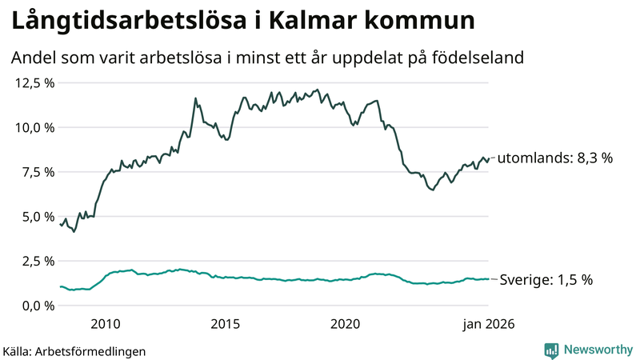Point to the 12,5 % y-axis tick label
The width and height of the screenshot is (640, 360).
coord(34,82)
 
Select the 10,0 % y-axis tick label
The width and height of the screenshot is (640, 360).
coord(34,127)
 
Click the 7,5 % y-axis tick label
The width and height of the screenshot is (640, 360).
coord(38,172)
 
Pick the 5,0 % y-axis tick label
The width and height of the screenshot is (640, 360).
coord(38,216)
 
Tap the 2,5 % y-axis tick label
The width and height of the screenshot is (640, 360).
coord(38,261)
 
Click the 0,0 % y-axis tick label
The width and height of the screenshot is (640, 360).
coord(38,306)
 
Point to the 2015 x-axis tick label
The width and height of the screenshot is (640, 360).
coord(226,324)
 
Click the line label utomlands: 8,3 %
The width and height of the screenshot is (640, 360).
coord(554,158)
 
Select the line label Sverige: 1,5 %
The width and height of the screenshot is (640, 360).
coord(546,280)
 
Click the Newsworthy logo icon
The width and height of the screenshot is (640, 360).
coord(551,350)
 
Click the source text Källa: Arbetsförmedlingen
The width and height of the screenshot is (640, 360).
coord(74,351)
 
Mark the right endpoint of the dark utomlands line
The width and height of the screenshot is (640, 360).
coord(488,158)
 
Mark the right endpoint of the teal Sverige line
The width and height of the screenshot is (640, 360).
coord(488,279)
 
